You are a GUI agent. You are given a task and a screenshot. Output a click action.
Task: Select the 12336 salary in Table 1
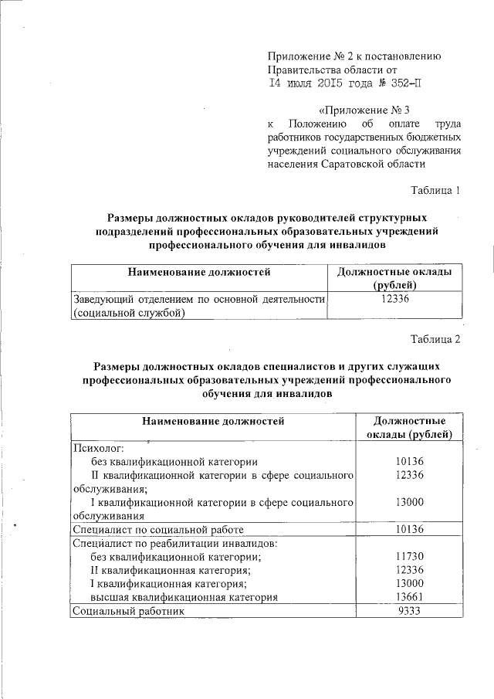[x=397, y=299]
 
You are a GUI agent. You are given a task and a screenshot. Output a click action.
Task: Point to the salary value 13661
[x=407, y=596]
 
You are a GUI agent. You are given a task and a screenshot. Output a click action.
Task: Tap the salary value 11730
[x=407, y=556]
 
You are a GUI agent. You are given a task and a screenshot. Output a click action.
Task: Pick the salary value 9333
[x=407, y=610]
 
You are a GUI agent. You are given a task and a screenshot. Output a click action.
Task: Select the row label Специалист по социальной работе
[x=157, y=530]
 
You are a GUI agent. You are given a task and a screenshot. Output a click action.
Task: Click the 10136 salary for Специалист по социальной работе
[x=407, y=530]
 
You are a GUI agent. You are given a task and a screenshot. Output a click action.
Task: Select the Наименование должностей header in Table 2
[x=212, y=421]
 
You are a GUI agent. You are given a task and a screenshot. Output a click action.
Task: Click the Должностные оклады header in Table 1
[x=395, y=272]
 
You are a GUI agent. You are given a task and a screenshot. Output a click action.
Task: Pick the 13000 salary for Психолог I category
[x=407, y=502]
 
